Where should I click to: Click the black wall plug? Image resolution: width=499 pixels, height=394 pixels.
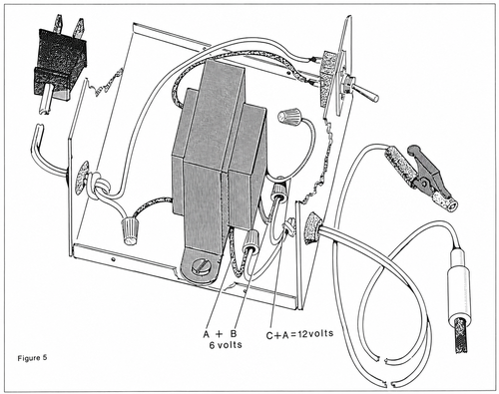[61, 63]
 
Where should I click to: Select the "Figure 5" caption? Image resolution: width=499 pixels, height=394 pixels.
[32, 358]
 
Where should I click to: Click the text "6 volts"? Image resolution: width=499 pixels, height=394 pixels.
[226, 345]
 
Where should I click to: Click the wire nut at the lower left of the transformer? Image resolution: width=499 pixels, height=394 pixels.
[129, 230]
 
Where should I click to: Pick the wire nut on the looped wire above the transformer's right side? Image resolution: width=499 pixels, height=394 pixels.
[289, 116]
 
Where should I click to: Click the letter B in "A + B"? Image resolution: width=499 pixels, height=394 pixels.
[234, 333]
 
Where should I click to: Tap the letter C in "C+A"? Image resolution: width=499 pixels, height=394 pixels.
[270, 335]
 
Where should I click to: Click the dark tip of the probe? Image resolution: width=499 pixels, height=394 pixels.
[461, 336]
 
